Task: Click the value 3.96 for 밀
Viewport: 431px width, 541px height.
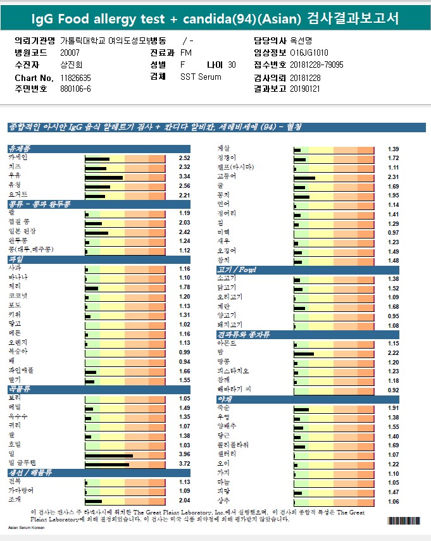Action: [x=184, y=454]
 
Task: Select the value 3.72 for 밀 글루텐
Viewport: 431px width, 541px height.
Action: [x=184, y=464]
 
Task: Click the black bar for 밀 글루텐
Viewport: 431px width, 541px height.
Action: [x=107, y=464]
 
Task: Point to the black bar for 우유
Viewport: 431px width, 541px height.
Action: [x=104, y=177]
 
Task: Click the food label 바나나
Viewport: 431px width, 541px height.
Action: [x=19, y=278]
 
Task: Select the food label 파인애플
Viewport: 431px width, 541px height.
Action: [x=21, y=371]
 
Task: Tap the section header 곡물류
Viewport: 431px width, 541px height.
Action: [x=19, y=389]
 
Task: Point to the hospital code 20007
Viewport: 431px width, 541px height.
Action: [x=70, y=53]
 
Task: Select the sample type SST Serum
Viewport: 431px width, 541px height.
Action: [x=201, y=77]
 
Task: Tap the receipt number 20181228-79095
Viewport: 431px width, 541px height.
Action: [x=316, y=65]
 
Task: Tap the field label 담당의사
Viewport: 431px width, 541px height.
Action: [x=266, y=40]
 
